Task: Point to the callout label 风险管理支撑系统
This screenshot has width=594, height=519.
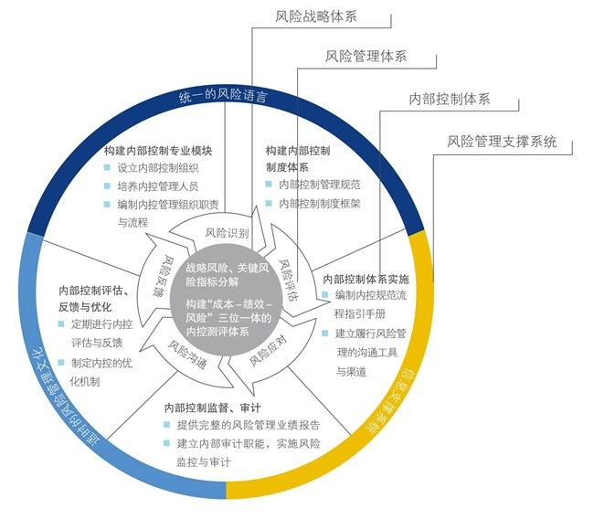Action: point(502,142)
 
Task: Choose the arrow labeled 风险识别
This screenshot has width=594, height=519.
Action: point(227,233)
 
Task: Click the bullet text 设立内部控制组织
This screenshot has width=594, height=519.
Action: point(158,168)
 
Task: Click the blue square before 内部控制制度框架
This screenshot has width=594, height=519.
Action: point(270,203)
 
